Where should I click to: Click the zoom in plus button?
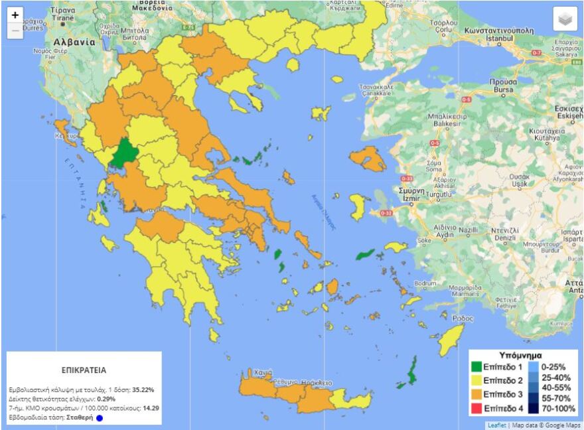coord(15,15)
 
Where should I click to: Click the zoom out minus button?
coord(15,31)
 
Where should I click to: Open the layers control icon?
coord(565,19)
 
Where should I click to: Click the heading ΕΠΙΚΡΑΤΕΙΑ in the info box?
coord(84,370)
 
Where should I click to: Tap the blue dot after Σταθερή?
coord(100,419)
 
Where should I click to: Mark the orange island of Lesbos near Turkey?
coord(368,159)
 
